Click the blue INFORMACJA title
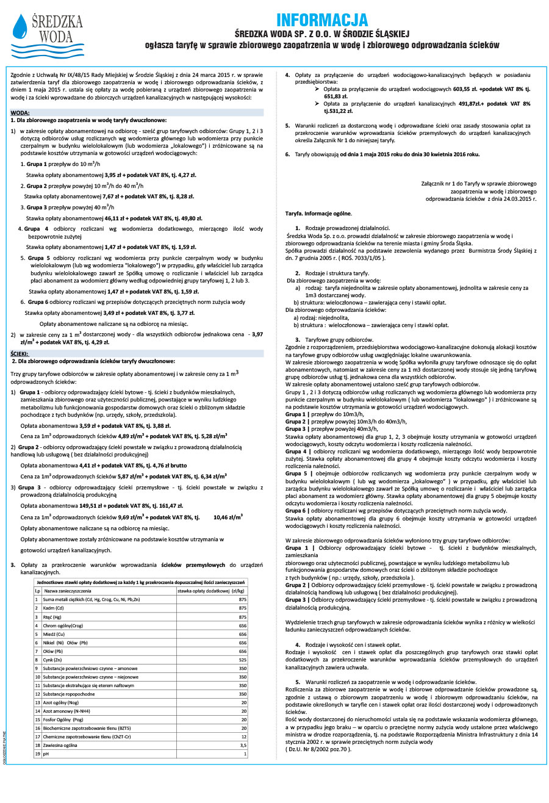tap(322, 20)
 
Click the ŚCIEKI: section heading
tap(20, 353)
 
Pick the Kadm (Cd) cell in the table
tap(53, 608)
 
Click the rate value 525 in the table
tap(242, 660)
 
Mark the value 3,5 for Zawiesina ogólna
tap(243, 745)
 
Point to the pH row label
tap(45, 754)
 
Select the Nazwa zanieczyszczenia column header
tap(68, 591)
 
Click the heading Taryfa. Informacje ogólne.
tap(318, 213)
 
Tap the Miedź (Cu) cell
tap(54, 634)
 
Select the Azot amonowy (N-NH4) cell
tap(65, 711)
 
